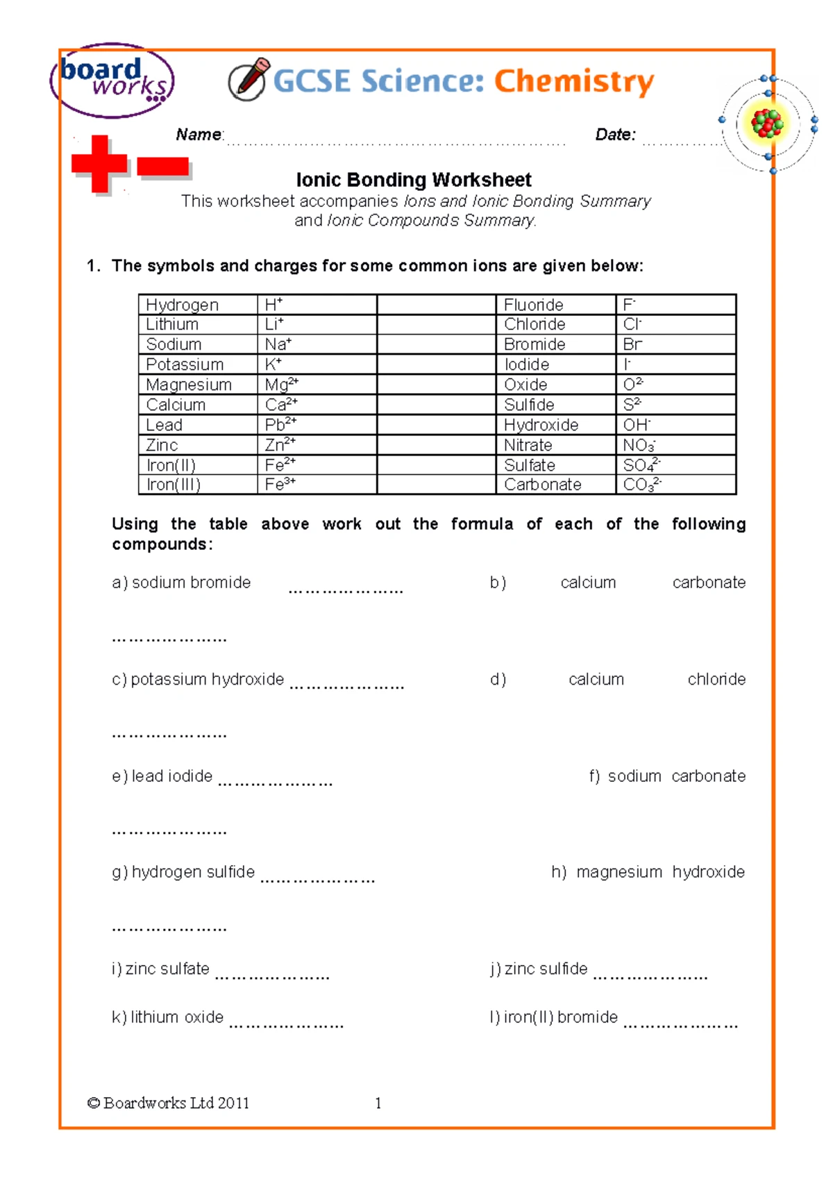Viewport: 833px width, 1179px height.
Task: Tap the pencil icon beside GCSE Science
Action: tap(249, 81)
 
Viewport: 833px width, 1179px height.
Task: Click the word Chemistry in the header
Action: tap(573, 82)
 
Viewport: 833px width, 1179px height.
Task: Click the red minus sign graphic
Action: tap(162, 167)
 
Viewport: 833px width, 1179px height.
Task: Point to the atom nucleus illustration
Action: tap(767, 124)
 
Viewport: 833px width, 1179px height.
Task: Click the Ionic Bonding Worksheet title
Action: tap(414, 180)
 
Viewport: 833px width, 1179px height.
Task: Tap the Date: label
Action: tap(615, 135)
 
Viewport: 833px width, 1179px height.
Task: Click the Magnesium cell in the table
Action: tap(189, 385)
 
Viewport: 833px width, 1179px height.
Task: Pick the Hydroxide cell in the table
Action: tap(541, 425)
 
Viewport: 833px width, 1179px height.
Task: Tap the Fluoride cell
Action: tap(533, 305)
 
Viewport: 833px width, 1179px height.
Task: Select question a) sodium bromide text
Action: tap(181, 583)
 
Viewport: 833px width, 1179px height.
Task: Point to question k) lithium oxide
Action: tap(167, 1017)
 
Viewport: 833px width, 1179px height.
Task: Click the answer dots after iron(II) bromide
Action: tap(680, 1025)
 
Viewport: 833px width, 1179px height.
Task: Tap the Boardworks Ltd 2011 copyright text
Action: tap(168, 1103)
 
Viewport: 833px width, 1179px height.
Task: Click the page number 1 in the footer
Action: tap(378, 1103)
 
